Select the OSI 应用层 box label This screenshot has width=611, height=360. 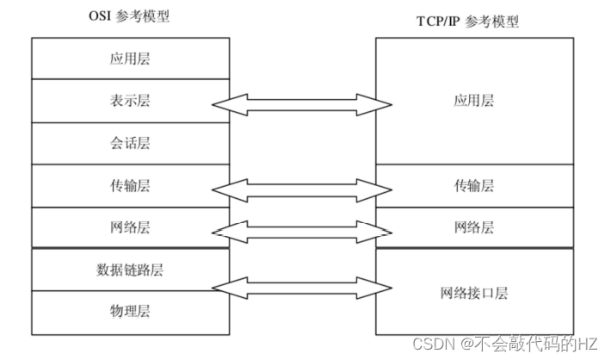coord(130,59)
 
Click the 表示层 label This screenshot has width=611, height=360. coord(130,101)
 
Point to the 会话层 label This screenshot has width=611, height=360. coord(130,143)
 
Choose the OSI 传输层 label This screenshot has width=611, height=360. coord(130,185)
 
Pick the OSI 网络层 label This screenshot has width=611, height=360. coord(130,227)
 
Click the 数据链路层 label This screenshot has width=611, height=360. coord(130,270)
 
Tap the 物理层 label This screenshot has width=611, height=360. coord(130,311)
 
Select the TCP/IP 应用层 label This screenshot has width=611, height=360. coord(474,101)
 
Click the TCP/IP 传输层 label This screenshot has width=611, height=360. coord(474,185)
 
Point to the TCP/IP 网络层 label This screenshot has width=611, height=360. coord(474,227)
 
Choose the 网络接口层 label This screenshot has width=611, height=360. coord(474,293)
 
